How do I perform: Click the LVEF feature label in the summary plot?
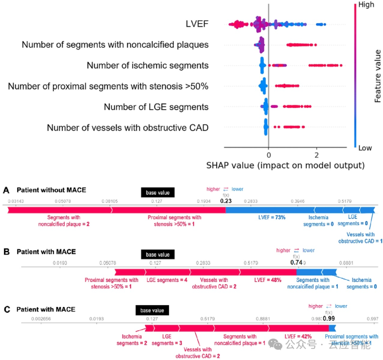pyautogui.click(x=197, y=24)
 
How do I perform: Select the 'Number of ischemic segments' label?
pyautogui.click(x=148, y=66)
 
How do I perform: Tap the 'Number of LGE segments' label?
pyautogui.click(x=156, y=107)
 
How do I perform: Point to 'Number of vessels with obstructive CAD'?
pyautogui.click(x=128, y=128)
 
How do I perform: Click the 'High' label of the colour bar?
pyautogui.click(x=366, y=5)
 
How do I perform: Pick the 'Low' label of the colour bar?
pyautogui.click(x=365, y=148)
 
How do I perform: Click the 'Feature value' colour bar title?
pyautogui.click(x=378, y=76)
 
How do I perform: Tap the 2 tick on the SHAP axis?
pyautogui.click(x=317, y=155)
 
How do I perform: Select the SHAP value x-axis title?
pyautogui.click(x=285, y=165)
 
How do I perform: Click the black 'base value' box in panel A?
pyautogui.click(x=158, y=193)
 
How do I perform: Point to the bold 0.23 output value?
pyautogui.click(x=226, y=201)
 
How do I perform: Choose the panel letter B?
pyautogui.click(x=6, y=252)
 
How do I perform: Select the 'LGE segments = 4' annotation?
pyautogui.click(x=167, y=280)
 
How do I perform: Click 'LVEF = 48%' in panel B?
pyautogui.click(x=268, y=280)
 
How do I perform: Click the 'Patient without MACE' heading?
pyautogui.click(x=51, y=190)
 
